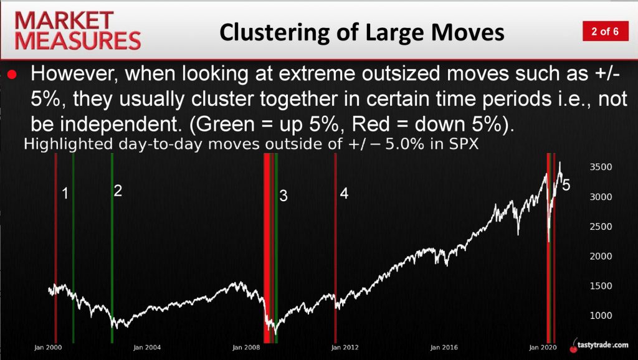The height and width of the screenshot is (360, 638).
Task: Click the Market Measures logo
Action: tap(78, 31)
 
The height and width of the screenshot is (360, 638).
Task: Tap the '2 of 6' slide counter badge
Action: tap(606, 31)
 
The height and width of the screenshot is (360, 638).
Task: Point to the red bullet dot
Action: tap(12, 75)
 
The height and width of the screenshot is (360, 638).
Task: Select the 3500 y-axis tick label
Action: tap(601, 167)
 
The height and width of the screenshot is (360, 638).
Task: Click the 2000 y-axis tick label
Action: tap(601, 256)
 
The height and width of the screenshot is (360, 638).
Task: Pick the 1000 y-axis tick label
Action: tap(601, 316)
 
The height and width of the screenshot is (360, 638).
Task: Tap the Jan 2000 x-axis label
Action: tap(48, 348)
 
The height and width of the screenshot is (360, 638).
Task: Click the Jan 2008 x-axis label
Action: tap(246, 348)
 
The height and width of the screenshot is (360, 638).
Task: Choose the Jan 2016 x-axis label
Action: tap(444, 348)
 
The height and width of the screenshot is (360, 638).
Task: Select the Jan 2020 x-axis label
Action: tap(543, 348)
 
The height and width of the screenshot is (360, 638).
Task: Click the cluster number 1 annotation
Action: tap(65, 194)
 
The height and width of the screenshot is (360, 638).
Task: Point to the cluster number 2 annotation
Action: tap(118, 191)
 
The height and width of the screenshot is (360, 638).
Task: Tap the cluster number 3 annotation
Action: tap(283, 196)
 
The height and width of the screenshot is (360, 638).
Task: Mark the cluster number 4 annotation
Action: tap(344, 194)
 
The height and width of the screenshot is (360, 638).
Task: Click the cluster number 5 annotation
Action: tap(566, 185)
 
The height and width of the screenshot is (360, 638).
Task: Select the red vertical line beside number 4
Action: tap(335, 248)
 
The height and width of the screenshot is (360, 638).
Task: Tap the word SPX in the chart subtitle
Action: tap(464, 144)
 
